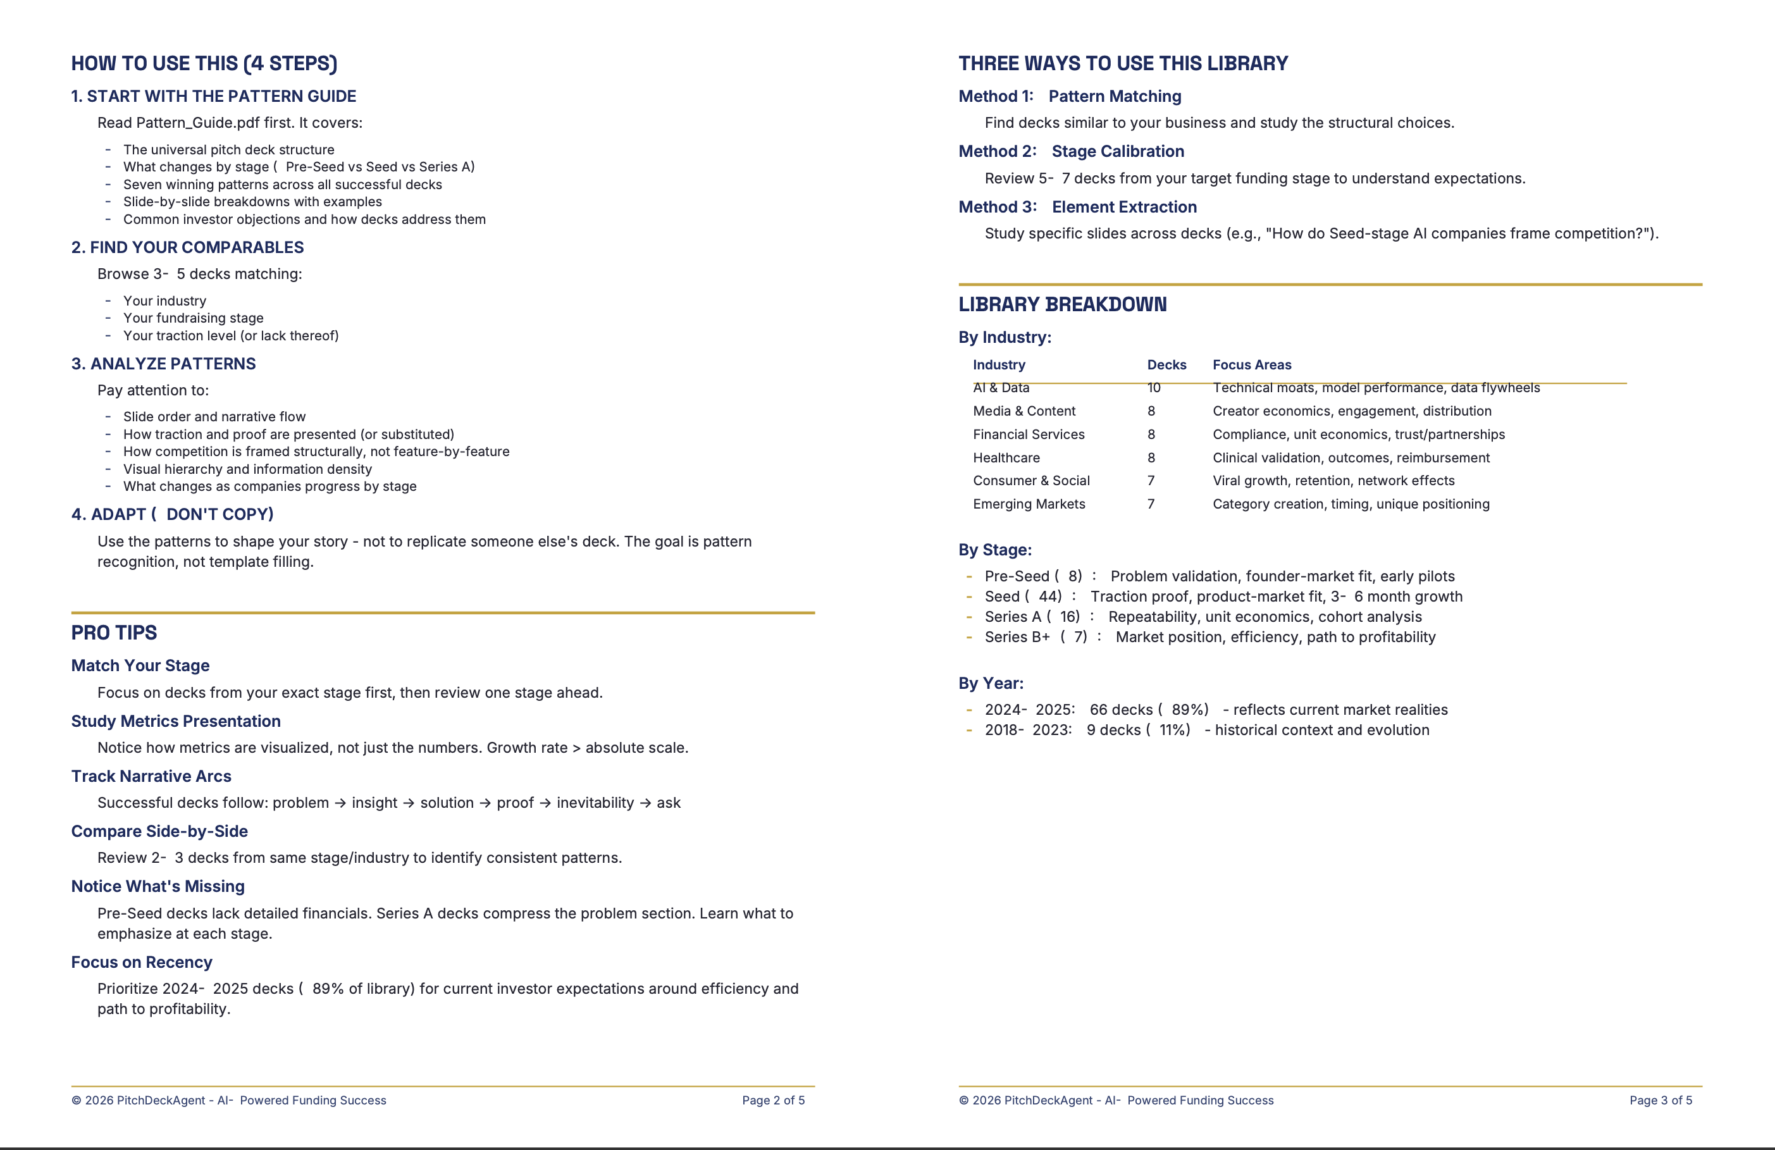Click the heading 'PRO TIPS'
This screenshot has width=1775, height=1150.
(x=114, y=633)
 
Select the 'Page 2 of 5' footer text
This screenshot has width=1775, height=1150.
(x=772, y=1100)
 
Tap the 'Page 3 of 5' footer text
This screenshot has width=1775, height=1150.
(x=1660, y=1100)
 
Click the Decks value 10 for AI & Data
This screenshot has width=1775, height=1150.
(x=1154, y=388)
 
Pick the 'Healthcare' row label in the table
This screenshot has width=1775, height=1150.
(x=1006, y=458)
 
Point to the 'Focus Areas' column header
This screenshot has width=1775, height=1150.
(x=1251, y=365)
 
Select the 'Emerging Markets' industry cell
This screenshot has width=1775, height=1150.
(x=1029, y=504)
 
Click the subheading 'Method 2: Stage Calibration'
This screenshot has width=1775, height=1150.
(x=1071, y=151)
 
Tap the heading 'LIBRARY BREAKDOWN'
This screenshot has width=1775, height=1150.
(x=1062, y=304)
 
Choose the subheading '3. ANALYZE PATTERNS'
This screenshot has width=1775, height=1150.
(x=163, y=364)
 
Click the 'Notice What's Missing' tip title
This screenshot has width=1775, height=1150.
(x=158, y=886)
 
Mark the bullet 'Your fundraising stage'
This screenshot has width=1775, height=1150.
(x=193, y=318)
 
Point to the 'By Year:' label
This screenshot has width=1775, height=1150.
(x=991, y=683)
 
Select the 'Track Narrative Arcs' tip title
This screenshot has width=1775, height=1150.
(x=151, y=776)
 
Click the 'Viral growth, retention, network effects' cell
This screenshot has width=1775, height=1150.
(x=1333, y=481)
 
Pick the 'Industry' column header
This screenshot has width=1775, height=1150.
(x=999, y=365)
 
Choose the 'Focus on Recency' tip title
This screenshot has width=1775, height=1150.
(x=142, y=962)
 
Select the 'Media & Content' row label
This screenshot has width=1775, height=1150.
(x=1024, y=411)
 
